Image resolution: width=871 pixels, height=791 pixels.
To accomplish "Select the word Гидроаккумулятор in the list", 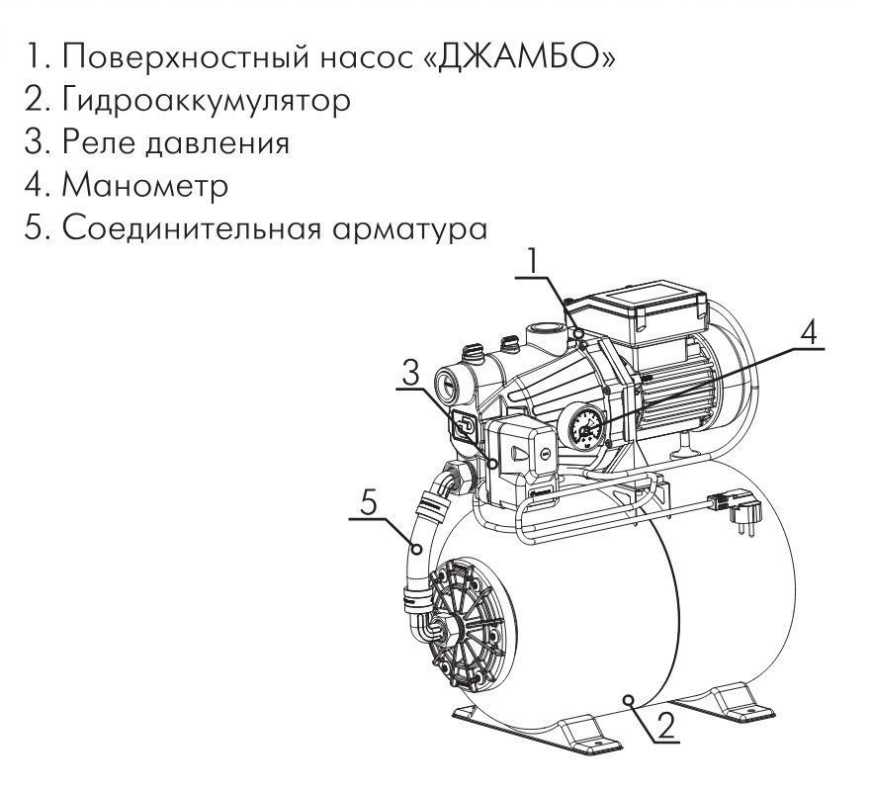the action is pos(206,101).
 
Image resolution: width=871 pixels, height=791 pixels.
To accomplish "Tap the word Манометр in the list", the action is pos(144,186).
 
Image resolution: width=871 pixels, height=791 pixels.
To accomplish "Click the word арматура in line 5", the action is pos(409,228).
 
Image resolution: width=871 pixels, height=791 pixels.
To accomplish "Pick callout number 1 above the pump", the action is pos(535,261).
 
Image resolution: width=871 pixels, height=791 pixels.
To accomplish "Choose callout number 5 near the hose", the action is pos(369,504).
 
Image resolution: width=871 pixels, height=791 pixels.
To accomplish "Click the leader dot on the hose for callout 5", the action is pos(416,549).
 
